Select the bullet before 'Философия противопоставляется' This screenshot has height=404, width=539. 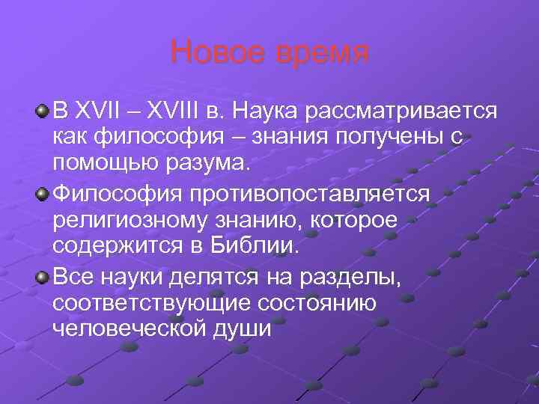[x=43, y=194]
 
